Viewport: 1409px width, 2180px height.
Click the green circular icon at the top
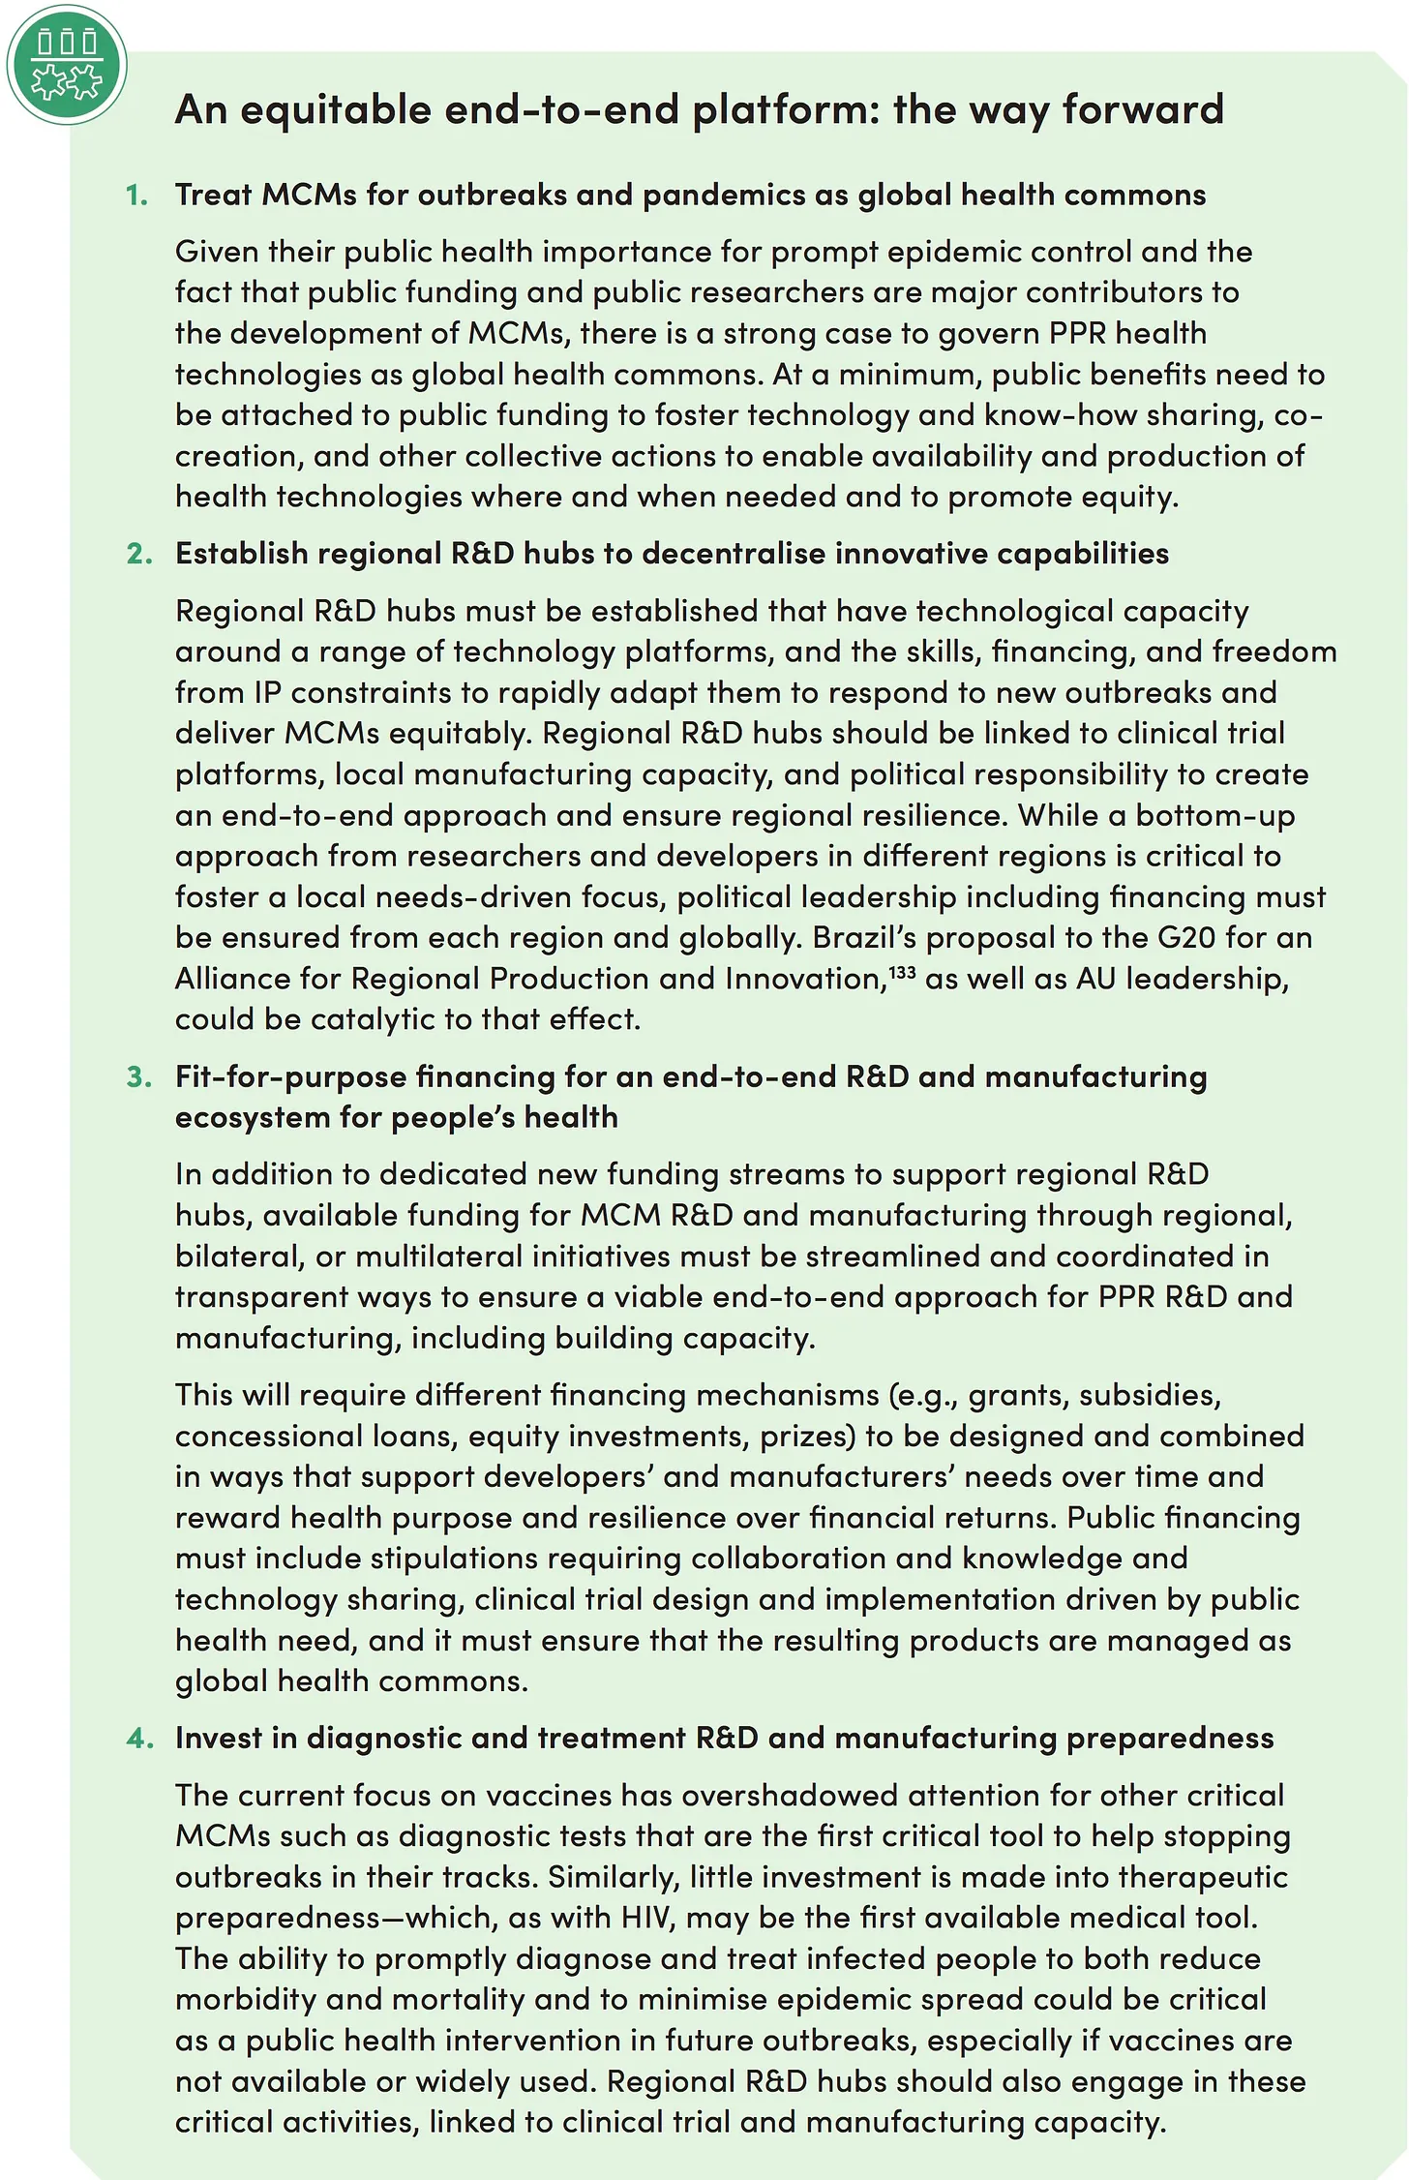(x=67, y=66)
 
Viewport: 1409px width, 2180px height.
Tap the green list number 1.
(x=137, y=196)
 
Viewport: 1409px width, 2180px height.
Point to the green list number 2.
(x=139, y=554)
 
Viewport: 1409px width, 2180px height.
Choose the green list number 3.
(x=139, y=1076)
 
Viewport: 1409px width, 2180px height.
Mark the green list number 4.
(x=139, y=1739)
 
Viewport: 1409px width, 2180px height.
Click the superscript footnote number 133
(x=902, y=971)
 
